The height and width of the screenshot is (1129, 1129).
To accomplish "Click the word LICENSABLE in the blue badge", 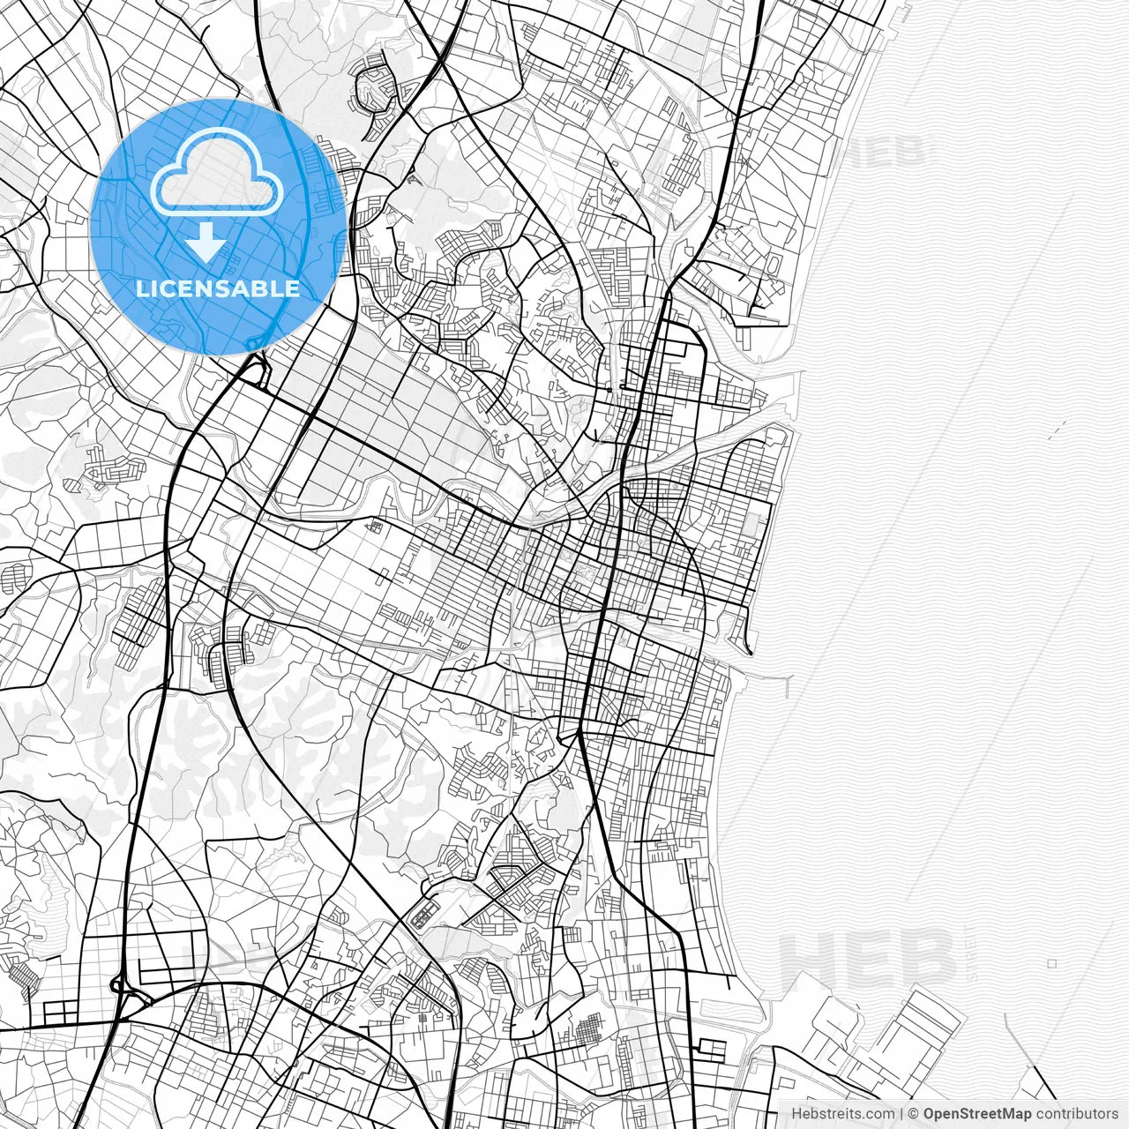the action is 218,288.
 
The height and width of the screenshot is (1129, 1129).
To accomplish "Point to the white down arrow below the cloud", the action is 206,243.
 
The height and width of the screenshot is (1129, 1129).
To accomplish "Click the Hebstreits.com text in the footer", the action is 841,1113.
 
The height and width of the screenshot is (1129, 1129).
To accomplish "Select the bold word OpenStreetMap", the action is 977,1113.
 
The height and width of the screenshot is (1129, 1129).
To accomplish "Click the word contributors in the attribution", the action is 1077,1113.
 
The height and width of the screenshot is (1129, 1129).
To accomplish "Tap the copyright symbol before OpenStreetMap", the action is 914,1113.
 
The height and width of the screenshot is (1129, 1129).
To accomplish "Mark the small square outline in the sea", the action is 1052,964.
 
